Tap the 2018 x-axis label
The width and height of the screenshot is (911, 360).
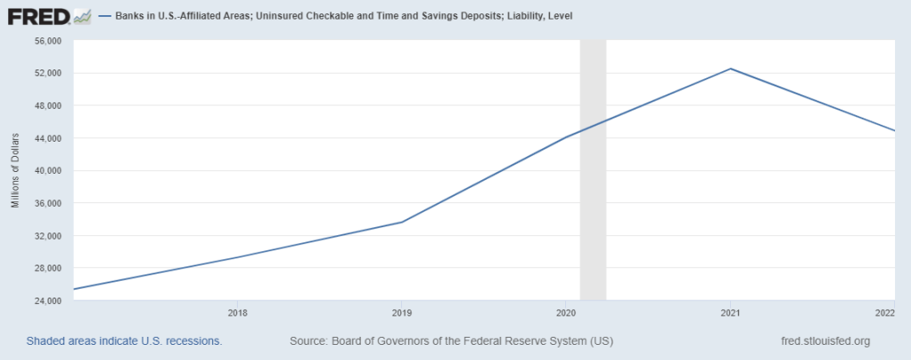point(237,313)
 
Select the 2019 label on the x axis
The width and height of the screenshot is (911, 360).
point(402,313)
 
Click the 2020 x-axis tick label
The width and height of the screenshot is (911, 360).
point(566,313)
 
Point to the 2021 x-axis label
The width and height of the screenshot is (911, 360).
point(731,313)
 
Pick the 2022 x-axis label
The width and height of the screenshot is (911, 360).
point(885,313)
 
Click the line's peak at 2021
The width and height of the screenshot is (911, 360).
point(731,69)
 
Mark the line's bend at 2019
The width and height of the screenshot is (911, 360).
point(402,222)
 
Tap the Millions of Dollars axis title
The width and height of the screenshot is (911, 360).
point(15,170)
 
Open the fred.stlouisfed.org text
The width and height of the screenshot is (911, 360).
point(825,341)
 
